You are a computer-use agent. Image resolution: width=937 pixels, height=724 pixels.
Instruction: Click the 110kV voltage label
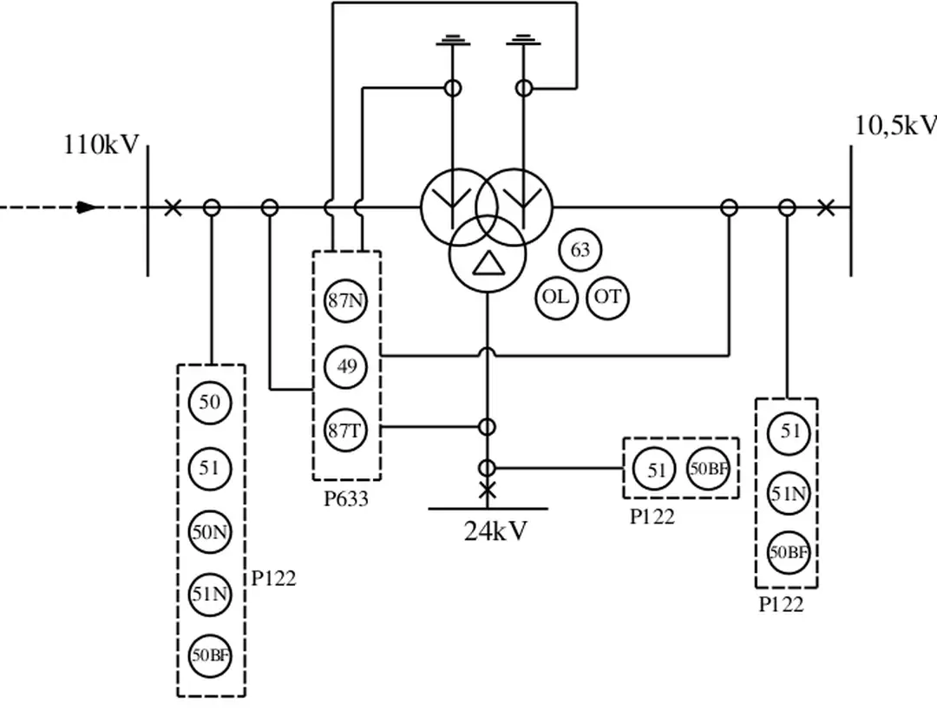(x=101, y=145)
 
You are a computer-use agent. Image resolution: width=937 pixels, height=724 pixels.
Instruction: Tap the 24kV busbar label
(x=495, y=530)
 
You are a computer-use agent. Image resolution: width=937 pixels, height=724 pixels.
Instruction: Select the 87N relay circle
(x=346, y=301)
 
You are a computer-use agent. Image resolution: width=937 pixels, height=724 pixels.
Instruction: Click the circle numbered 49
(x=346, y=366)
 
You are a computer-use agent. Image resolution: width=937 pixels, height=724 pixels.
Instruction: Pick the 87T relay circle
(x=346, y=430)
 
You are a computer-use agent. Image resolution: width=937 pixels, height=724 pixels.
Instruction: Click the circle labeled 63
(x=580, y=250)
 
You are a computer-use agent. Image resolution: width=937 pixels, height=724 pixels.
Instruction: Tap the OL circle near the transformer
(x=555, y=297)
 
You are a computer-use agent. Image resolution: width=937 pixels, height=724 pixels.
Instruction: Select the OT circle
(x=608, y=297)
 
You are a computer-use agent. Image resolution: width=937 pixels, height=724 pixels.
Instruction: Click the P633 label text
(x=346, y=499)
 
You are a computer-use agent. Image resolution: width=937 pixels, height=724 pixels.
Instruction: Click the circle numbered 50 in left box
(x=210, y=402)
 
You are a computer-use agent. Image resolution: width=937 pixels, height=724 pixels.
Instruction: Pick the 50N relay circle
(x=210, y=532)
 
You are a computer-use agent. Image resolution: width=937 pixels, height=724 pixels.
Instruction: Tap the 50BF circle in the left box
(x=210, y=655)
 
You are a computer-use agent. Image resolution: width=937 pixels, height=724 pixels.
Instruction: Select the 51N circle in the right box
(x=789, y=494)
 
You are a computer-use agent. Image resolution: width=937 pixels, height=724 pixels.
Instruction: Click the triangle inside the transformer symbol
(x=487, y=262)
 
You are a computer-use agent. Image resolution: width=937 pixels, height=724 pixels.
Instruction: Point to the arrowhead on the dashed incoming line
(x=88, y=207)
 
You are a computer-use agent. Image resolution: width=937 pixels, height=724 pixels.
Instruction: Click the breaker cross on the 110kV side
(x=174, y=207)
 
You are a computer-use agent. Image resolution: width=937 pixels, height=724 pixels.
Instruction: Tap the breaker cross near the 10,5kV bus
(x=825, y=207)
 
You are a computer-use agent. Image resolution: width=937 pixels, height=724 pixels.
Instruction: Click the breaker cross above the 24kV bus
(x=488, y=490)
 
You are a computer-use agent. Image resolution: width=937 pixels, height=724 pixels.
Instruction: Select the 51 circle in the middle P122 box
(x=656, y=470)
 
